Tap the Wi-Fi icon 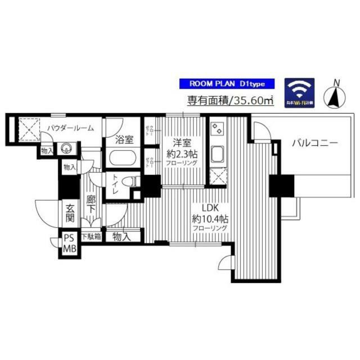(x=299, y=92)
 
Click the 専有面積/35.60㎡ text (x=230, y=102)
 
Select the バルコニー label (x=314, y=143)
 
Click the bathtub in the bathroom (x=124, y=157)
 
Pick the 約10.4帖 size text (x=209, y=218)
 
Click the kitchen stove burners (x=217, y=129)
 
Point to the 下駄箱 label (x=91, y=237)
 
